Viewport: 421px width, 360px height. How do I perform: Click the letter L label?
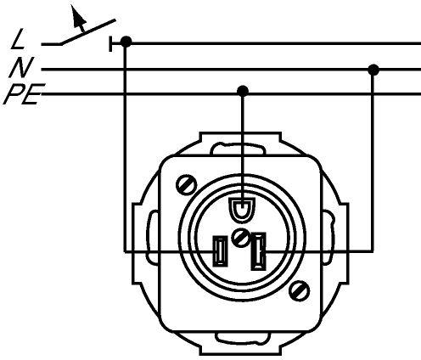pyautogui.click(x=19, y=39)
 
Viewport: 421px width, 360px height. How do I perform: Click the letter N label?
pyautogui.click(x=21, y=67)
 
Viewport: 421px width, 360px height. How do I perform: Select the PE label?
pyautogui.click(x=24, y=94)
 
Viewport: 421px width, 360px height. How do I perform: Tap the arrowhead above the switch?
pyautogui.click(x=77, y=16)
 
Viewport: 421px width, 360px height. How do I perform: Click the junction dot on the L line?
pyautogui.click(x=126, y=42)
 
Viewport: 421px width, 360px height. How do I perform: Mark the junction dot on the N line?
pyautogui.click(x=373, y=70)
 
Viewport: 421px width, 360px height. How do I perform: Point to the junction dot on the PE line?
pyautogui.click(x=243, y=91)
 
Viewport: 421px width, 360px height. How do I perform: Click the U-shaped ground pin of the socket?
pyautogui.click(x=242, y=210)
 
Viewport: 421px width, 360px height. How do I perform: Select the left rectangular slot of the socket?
pyautogui.click(x=220, y=251)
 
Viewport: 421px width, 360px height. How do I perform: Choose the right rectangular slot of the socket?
pyautogui.click(x=258, y=251)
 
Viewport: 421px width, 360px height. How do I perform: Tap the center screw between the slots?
pyautogui.click(x=240, y=238)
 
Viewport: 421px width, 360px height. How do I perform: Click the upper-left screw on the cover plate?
pyautogui.click(x=186, y=185)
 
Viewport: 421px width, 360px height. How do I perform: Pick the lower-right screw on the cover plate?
pyautogui.click(x=300, y=290)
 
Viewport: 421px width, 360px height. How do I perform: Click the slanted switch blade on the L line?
pyautogui.click(x=87, y=32)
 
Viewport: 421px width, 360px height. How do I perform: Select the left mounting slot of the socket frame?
pyautogui.click(x=152, y=237)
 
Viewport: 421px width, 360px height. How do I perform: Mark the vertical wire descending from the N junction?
pyautogui.click(x=373, y=160)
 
